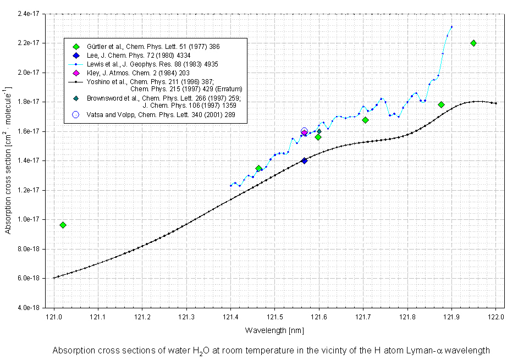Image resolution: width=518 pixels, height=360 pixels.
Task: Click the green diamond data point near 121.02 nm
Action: [63, 225]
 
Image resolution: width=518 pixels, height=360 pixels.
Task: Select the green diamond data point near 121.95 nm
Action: [473, 43]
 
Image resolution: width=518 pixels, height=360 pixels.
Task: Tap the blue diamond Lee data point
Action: [304, 160]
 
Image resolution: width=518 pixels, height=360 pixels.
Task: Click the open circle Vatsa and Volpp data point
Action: [304, 131]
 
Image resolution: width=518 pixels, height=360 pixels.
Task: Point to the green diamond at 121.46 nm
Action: [258, 168]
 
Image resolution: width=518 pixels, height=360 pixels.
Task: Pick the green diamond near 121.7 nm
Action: [365, 120]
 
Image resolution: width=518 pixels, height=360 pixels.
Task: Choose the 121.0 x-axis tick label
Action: [54, 318]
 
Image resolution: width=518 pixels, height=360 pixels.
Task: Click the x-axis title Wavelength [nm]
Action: [275, 331]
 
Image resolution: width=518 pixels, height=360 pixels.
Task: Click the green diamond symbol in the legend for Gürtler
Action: [76, 47]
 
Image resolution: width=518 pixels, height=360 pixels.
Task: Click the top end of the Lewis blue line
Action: [451, 26]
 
